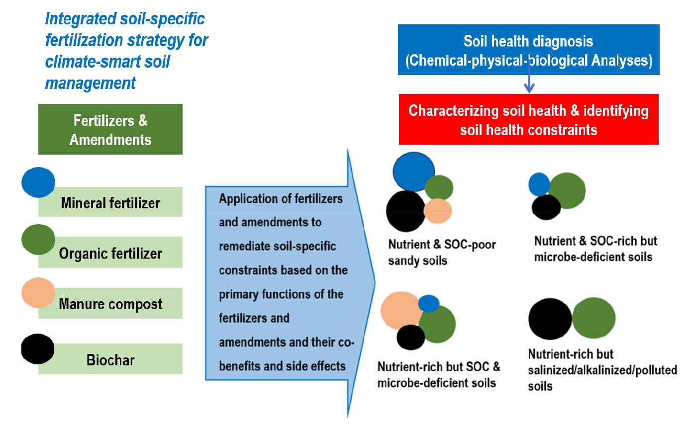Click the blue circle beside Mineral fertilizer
[x=38, y=182]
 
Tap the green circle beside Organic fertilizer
[x=38, y=240]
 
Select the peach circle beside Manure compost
[x=38, y=293]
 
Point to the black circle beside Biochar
[x=38, y=349]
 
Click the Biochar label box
[x=110, y=359]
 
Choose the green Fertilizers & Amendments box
[x=110, y=129]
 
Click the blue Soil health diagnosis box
[x=529, y=50]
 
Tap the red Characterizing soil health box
[x=529, y=119]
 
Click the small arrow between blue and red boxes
[x=529, y=76]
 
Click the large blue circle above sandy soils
[x=414, y=172]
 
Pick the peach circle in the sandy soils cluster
[x=438, y=211]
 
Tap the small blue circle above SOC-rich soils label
[x=539, y=184]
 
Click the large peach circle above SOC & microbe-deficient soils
[x=401, y=311]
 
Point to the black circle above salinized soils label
[x=550, y=319]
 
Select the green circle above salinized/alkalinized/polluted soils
[x=594, y=318]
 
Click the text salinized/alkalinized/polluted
[x=602, y=370]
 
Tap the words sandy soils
[x=418, y=260]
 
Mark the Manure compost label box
[x=110, y=303]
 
